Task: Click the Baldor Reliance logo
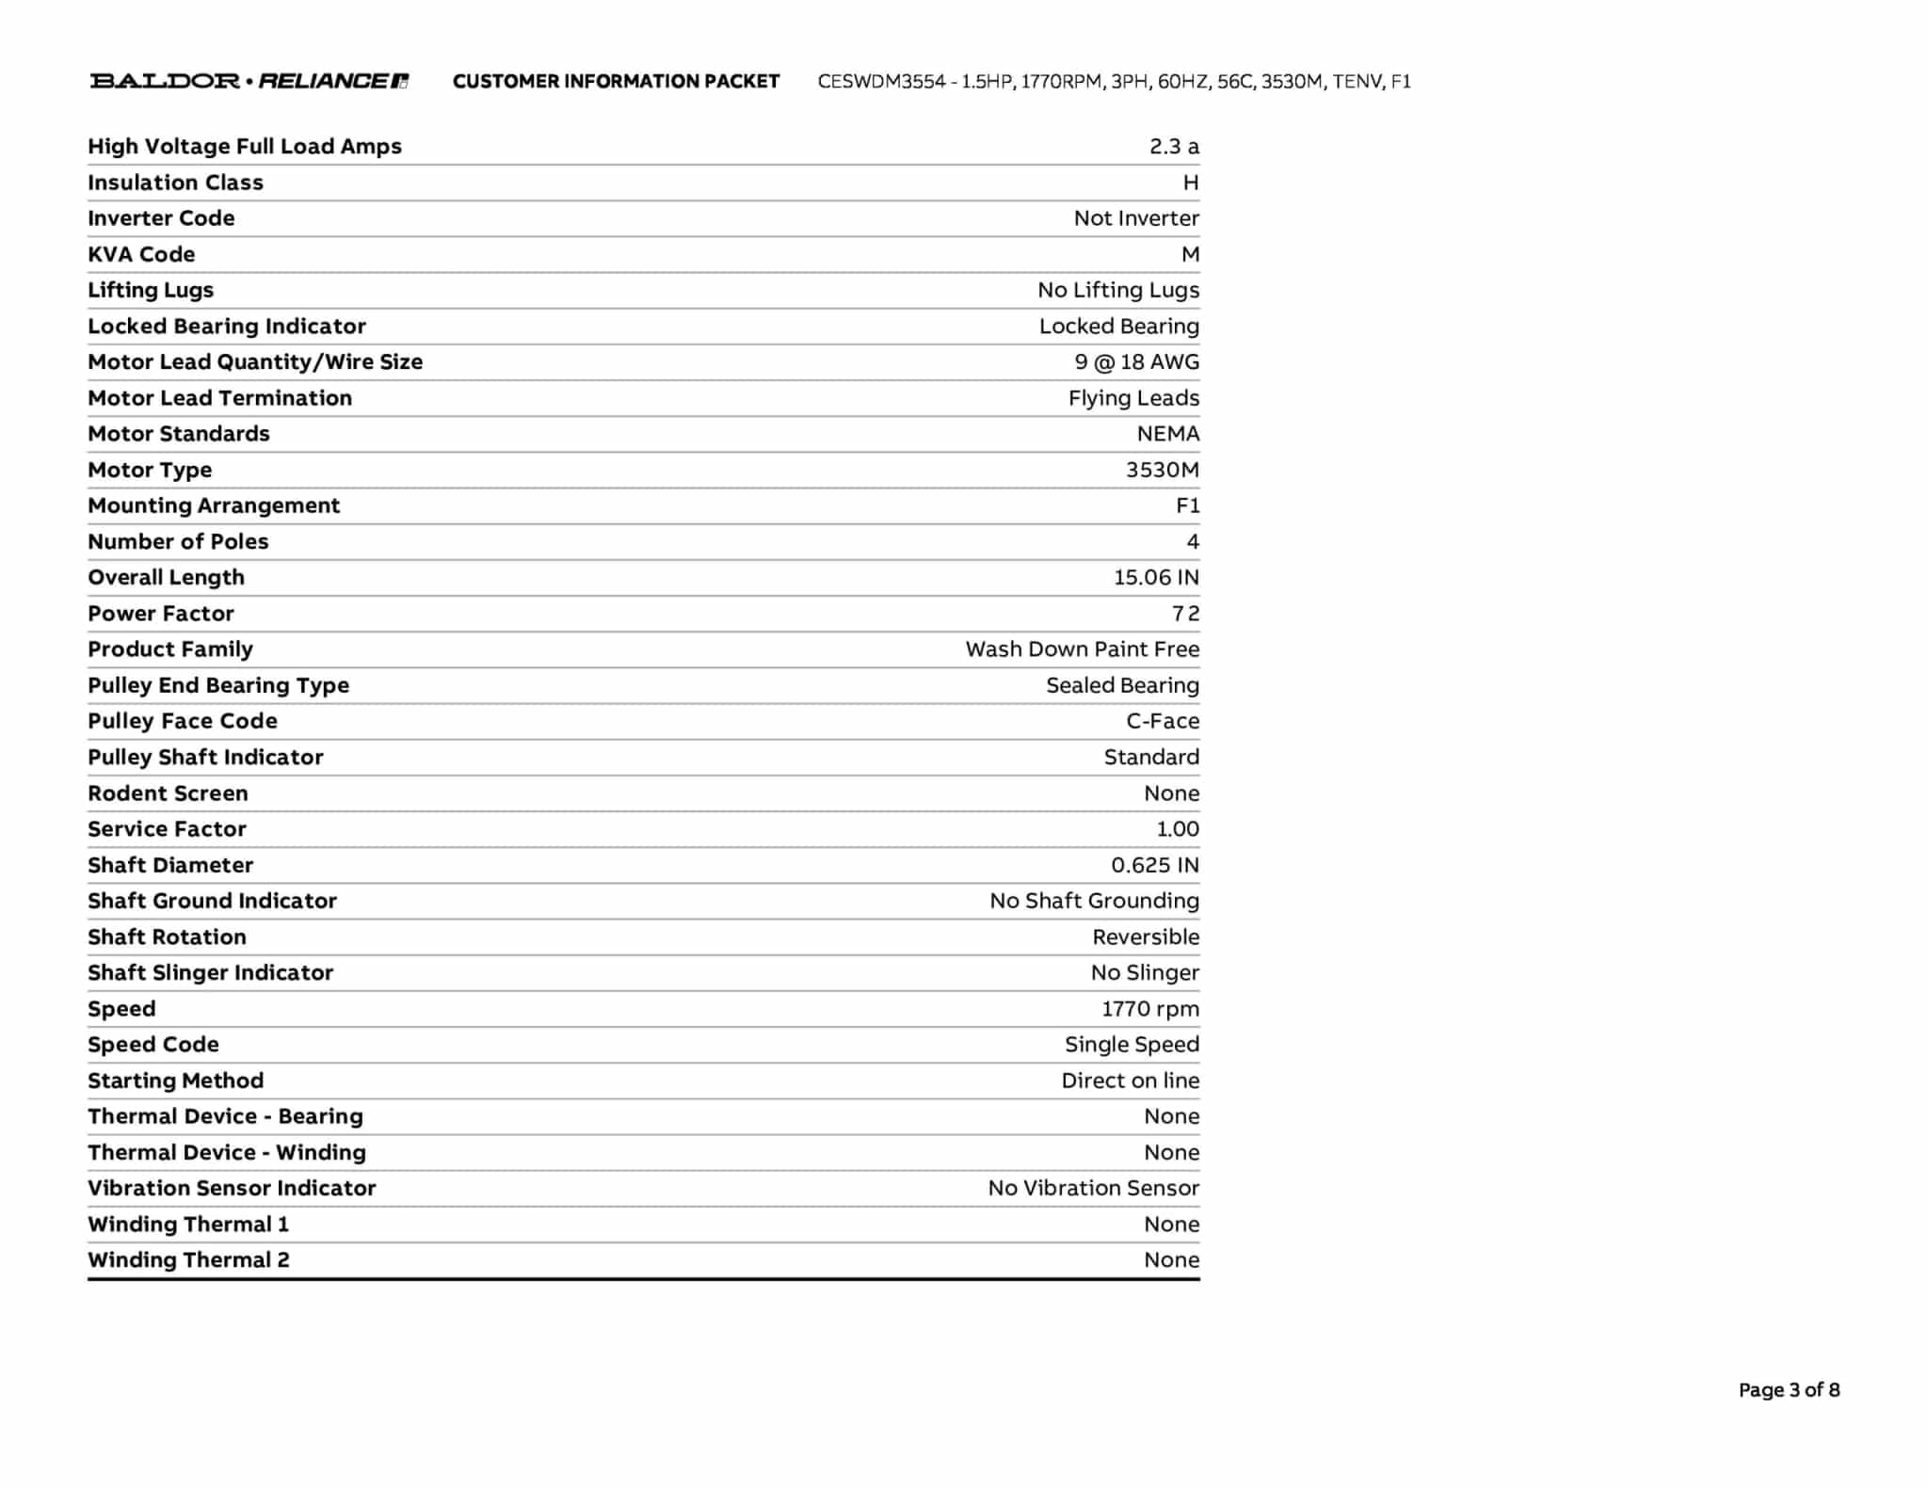click(249, 81)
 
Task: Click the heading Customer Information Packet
click(616, 82)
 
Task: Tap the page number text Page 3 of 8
click(1789, 1389)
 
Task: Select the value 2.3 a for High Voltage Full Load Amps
click(1173, 147)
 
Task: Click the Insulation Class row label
click(175, 183)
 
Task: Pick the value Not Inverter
click(1135, 218)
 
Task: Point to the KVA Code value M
click(1190, 254)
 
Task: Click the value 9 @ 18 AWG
click(1136, 362)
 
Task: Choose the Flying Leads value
click(1133, 398)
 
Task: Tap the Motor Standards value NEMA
click(1167, 434)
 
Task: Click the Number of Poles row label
click(178, 542)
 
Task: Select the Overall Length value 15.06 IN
click(1156, 578)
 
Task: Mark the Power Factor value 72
click(1185, 614)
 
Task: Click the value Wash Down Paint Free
click(1082, 649)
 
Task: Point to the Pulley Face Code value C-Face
click(1162, 721)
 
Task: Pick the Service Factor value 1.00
click(1177, 829)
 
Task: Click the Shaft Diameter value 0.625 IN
click(1154, 865)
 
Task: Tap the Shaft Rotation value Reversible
click(1145, 937)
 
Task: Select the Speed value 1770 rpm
click(1149, 1009)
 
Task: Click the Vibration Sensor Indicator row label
click(232, 1189)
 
